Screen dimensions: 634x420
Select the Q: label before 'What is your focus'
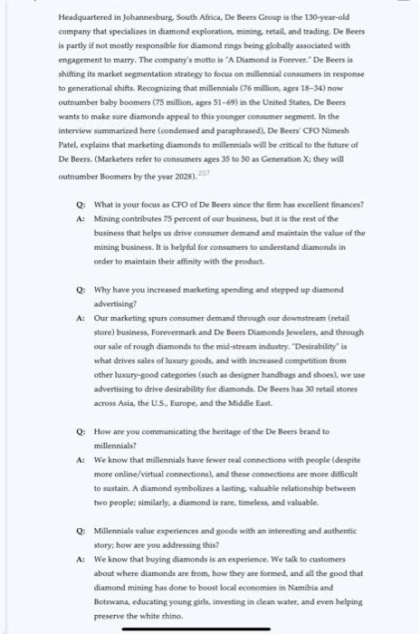81,207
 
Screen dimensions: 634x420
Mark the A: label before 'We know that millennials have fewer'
81,460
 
